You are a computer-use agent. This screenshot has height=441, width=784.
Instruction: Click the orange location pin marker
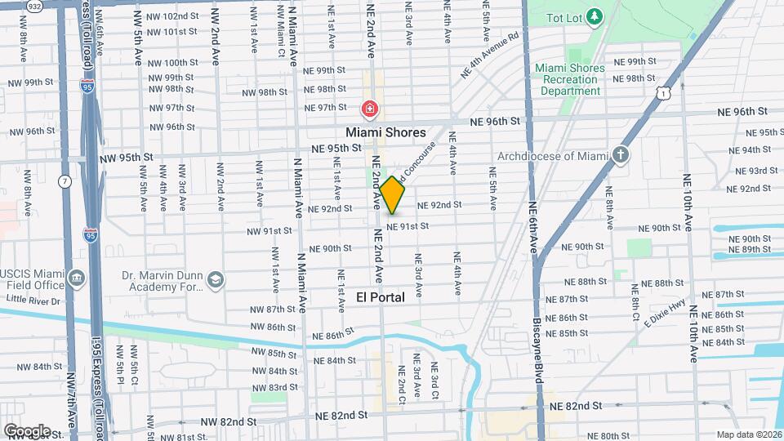point(393,195)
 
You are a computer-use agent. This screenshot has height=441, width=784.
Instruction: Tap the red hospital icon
point(369,108)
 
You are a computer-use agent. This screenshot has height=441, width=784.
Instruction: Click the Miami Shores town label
point(385,132)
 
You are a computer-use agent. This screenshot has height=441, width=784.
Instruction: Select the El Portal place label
point(381,297)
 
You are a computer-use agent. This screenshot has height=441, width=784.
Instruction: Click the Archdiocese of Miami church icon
point(621,155)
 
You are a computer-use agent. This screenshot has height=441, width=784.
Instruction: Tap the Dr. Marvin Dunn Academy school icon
point(215,280)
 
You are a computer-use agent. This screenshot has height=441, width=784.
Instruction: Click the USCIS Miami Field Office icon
point(76,278)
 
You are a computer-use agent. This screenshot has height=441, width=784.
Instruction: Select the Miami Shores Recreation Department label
point(570,79)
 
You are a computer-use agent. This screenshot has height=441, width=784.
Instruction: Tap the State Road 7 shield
point(64,180)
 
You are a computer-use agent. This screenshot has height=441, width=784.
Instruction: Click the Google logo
point(27,431)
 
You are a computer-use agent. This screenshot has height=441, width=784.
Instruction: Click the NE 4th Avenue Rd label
point(490,56)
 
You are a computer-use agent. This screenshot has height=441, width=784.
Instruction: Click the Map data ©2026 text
point(749,434)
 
